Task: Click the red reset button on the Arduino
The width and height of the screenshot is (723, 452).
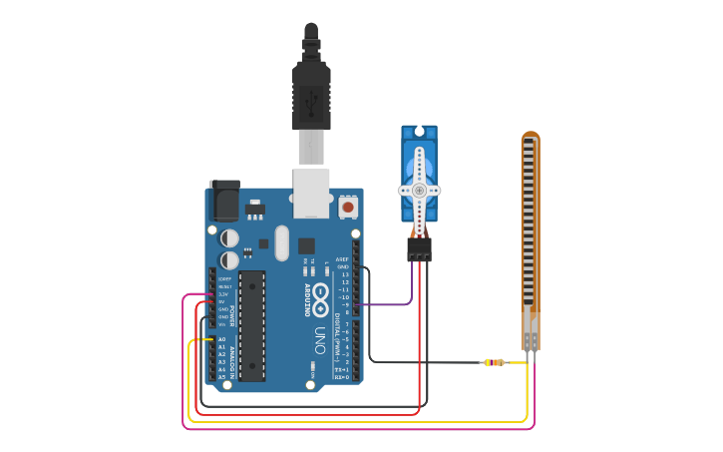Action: point(348,207)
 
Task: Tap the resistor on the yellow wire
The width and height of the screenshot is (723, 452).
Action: point(494,362)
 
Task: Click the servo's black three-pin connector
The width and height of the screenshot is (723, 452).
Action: point(419,249)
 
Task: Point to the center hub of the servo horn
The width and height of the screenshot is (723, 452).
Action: point(420,190)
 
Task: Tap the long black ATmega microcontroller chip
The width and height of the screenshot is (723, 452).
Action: point(252,325)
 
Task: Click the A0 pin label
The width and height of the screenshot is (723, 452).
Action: point(222,339)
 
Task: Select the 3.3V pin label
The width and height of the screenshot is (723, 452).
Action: point(224,294)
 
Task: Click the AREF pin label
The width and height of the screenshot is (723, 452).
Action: point(342,259)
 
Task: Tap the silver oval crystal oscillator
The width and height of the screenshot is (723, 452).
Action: point(281,242)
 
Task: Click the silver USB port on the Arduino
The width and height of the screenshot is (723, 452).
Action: point(311,194)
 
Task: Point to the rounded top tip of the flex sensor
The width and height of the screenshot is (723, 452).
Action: point(531,136)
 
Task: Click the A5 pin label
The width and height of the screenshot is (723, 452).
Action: point(222,376)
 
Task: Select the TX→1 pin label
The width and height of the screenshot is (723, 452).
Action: point(342,369)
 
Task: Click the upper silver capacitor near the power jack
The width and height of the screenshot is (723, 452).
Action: point(229,237)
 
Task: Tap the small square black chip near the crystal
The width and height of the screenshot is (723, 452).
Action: point(306,245)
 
